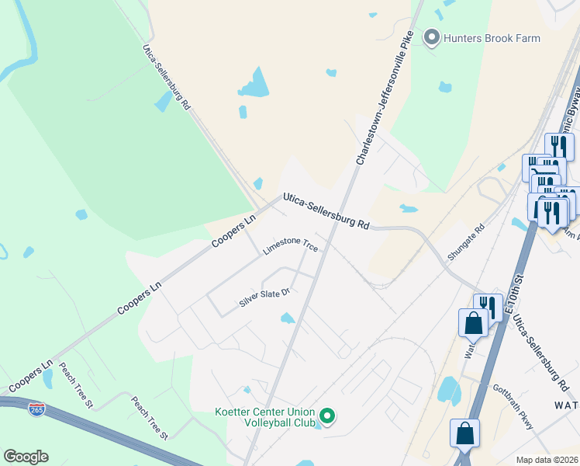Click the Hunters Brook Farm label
pyautogui.click(x=492, y=37)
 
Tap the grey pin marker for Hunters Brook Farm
pyautogui.click(x=431, y=37)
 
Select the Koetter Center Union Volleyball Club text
pyautogui.click(x=264, y=417)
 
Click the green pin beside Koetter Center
pyautogui.click(x=327, y=417)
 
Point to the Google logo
pyautogui.click(x=26, y=457)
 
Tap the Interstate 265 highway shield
pyautogui.click(x=36, y=409)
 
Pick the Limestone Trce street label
pyautogui.click(x=291, y=246)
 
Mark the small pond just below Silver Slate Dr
pyautogui.click(x=288, y=318)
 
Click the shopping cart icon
pyautogui.click(x=547, y=172)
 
